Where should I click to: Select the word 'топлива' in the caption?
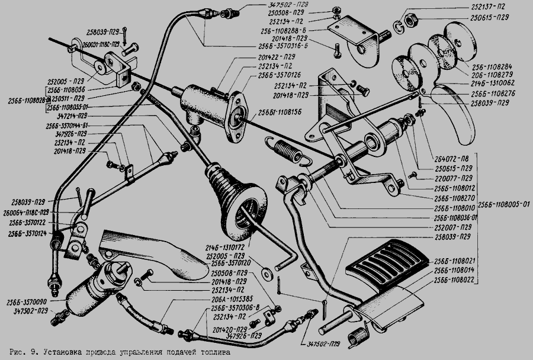coord(209,352)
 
